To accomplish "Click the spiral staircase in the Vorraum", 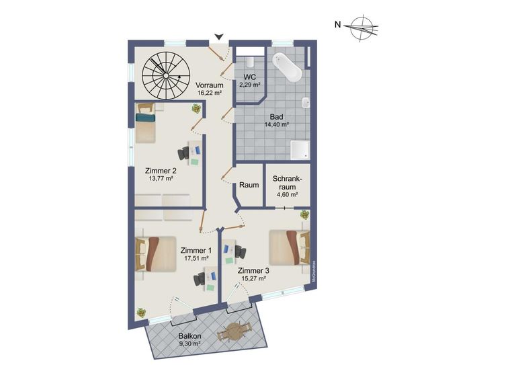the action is tap(166, 76).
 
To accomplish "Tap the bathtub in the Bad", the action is tap(287, 67).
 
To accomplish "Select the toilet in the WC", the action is tap(250, 62).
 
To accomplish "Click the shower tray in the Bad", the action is tap(300, 150).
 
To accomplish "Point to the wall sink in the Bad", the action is tap(306, 102).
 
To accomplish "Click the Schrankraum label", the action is tap(288, 183).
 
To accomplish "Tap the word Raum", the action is tap(249, 185).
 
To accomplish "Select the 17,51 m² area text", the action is tap(196, 259).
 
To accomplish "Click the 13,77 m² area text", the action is tap(161, 179).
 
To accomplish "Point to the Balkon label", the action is tap(190, 336).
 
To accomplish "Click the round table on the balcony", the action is tap(234, 332).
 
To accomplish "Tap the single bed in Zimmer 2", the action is tap(145, 123).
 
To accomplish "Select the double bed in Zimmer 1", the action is tap(156, 254).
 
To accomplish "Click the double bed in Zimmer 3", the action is tap(290, 247).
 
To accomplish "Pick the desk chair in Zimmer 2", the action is tap(183, 153).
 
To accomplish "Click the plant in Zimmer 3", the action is tap(305, 215).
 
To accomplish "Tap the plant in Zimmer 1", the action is tap(141, 313).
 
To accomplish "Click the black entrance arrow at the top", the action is tap(219, 36).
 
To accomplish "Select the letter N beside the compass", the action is tap(337, 24).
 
